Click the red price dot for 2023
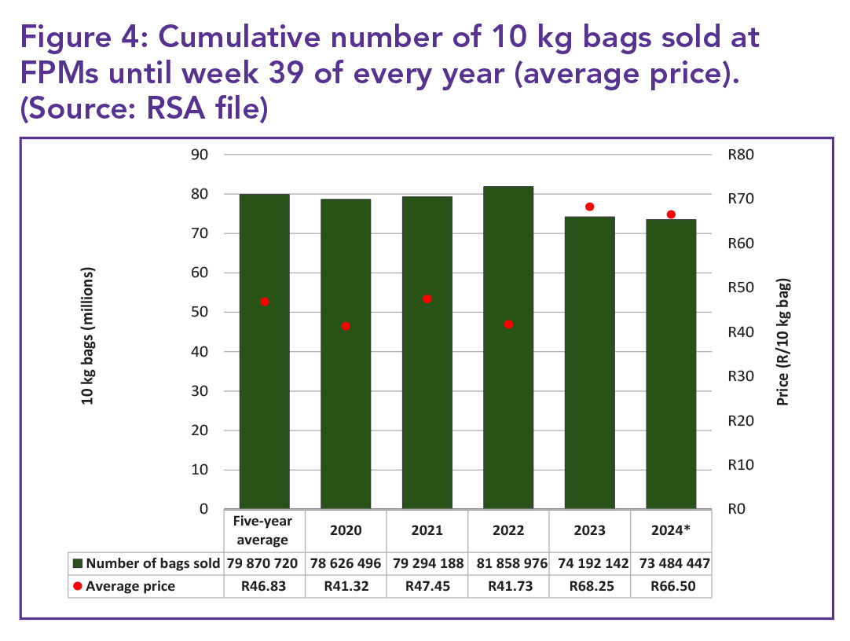tap(590, 207)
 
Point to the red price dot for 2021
tap(427, 299)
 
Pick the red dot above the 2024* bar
tap(671, 214)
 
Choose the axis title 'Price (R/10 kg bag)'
tap(782, 342)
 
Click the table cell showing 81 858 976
tap(508, 563)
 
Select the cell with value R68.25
tap(590, 586)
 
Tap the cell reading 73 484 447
tap(671, 563)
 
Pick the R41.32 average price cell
tap(346, 586)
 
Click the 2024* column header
tap(671, 529)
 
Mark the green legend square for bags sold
tap(77, 563)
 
